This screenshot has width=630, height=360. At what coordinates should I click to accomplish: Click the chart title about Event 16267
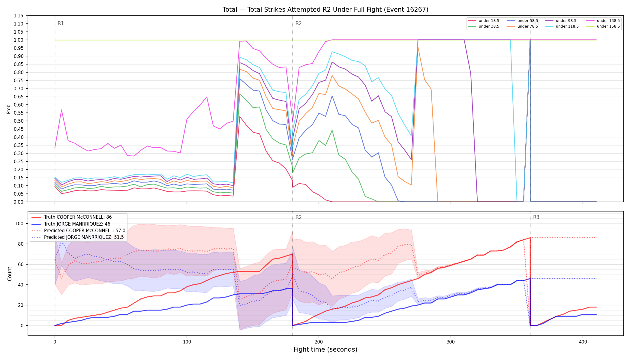(325, 10)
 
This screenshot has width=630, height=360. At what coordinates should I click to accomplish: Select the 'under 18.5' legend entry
(484, 21)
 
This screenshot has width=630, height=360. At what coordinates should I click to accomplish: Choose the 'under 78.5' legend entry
(522, 26)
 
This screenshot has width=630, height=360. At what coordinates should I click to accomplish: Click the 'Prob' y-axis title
(9, 109)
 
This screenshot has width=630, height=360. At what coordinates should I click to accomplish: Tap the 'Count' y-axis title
(10, 274)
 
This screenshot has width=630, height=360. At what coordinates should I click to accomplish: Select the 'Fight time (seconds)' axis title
(325, 349)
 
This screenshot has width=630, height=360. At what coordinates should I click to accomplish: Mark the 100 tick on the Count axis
(19, 223)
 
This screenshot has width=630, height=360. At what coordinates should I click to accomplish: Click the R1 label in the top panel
(61, 24)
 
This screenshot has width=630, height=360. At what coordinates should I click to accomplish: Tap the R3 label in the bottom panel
(536, 217)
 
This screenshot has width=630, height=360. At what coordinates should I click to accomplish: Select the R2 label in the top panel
(298, 24)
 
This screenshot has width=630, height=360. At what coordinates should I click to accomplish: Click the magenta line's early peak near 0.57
(61, 110)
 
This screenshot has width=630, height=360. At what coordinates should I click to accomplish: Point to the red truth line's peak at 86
(530, 238)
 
